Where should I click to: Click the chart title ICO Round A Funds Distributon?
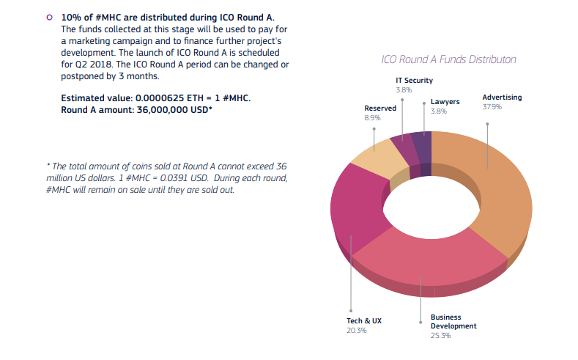(x=448, y=59)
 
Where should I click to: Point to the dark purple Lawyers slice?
(x=421, y=147)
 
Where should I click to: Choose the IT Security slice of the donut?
(x=404, y=150)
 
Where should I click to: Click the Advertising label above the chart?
(x=502, y=98)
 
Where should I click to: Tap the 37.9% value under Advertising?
(x=492, y=107)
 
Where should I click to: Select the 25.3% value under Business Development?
(x=440, y=336)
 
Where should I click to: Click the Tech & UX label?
(x=364, y=321)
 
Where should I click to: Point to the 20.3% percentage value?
(x=357, y=331)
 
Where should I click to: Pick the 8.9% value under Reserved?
(x=372, y=118)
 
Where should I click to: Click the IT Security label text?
(x=415, y=81)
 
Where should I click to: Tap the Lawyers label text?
(x=445, y=102)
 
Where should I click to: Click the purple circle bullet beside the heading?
(x=49, y=18)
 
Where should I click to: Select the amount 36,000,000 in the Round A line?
(x=162, y=110)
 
